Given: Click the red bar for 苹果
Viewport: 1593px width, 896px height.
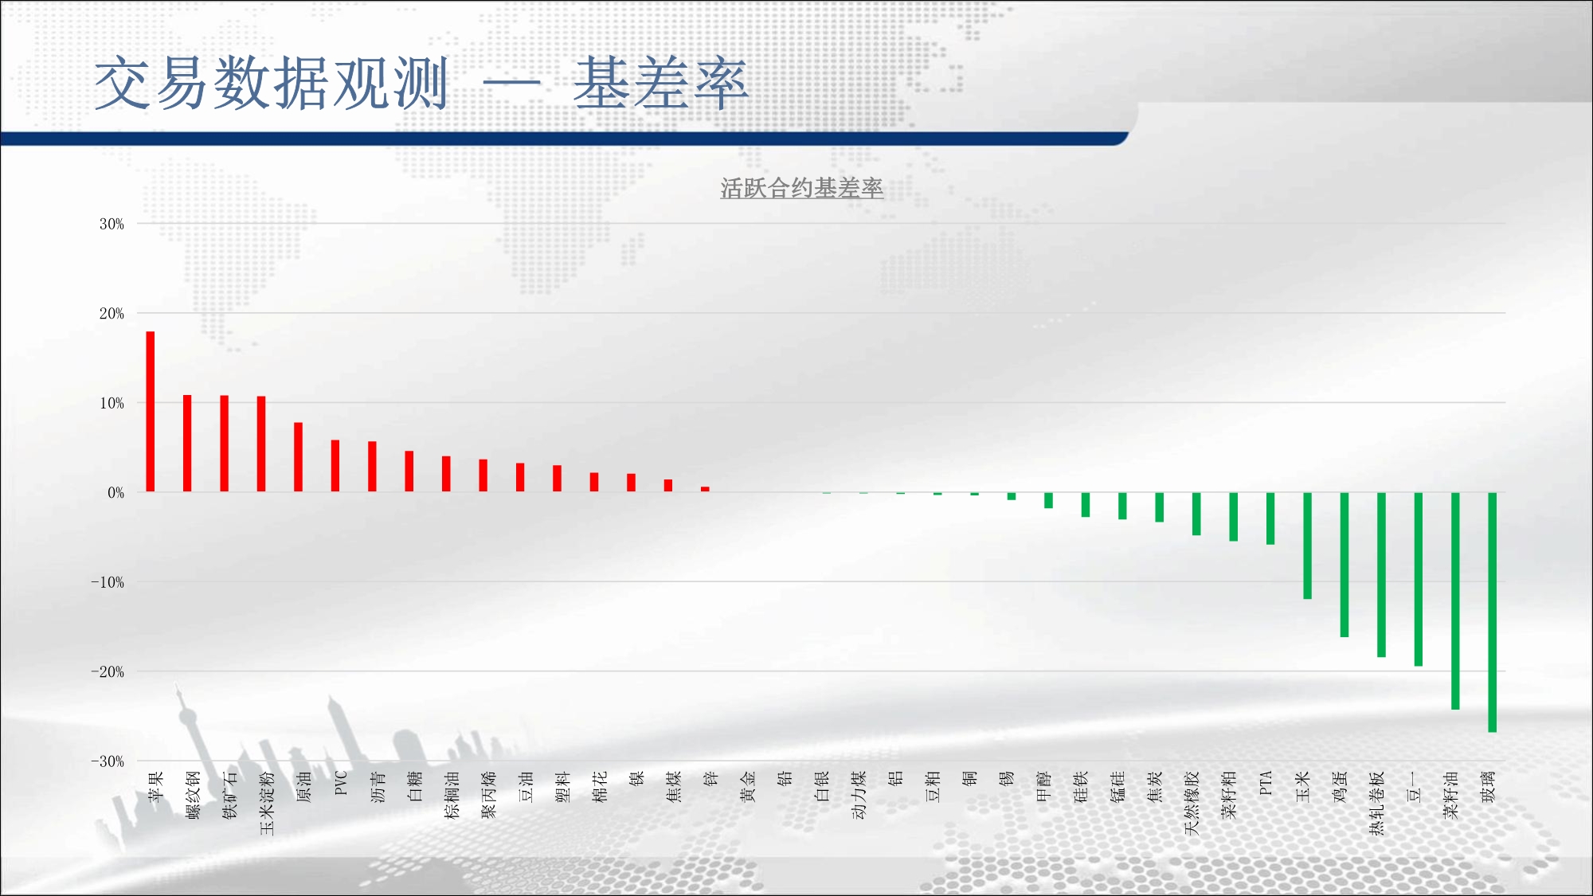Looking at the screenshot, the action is pos(151,412).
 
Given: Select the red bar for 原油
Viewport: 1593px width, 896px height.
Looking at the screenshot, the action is pos(298,457).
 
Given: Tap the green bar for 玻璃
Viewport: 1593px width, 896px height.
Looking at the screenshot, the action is pos(1492,612).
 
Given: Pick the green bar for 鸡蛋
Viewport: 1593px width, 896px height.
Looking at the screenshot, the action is pos(1344,565).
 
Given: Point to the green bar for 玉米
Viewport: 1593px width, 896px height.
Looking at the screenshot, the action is pos(1307,546).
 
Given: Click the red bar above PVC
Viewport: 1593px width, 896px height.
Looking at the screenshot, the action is pos(335,466).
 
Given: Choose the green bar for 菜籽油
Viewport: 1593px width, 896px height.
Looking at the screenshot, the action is pos(1455,601).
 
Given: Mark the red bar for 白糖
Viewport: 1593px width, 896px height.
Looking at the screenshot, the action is pos(409,471).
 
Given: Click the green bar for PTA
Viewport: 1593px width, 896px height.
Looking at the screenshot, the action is pos(1270,518).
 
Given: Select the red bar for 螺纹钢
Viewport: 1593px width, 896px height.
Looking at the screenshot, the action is pos(187,444).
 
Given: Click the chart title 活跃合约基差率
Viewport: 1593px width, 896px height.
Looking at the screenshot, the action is pos(801,188).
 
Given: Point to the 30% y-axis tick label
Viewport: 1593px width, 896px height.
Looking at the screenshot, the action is pos(112,224).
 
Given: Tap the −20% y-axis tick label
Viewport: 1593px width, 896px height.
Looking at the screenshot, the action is pos(108,671).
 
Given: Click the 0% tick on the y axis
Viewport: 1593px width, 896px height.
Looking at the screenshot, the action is pos(116,492).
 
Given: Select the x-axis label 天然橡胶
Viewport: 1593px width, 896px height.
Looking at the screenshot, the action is pos(1192,803).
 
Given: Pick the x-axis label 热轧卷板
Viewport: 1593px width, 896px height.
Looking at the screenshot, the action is pos(1376,803).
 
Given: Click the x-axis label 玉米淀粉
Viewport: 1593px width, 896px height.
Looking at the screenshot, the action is pos(267,803).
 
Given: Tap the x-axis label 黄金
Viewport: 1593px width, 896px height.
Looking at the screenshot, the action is pos(748,786).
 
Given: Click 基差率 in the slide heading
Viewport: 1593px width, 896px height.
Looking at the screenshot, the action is pos(661,83).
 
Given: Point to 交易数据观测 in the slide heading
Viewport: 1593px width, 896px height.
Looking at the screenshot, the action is pos(272,83).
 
